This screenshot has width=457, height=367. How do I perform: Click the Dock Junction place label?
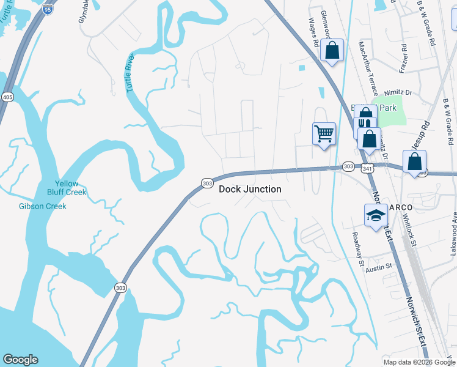(x=250, y=189)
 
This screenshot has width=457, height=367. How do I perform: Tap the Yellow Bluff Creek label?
(x=67, y=188)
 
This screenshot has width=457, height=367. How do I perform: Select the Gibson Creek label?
(x=42, y=206)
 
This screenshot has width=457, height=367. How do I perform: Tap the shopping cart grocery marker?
(x=324, y=133)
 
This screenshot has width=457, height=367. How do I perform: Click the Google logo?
(x=20, y=360)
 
